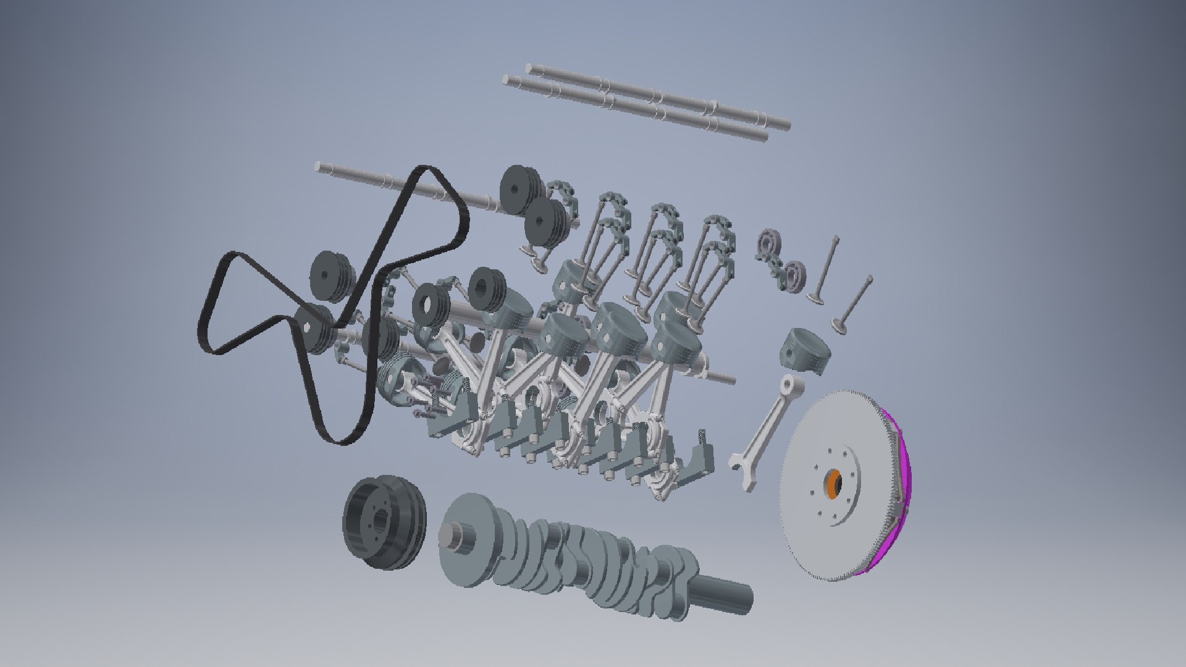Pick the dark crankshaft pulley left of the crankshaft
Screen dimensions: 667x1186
click(383, 522)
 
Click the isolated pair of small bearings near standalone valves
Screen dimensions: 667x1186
click(780, 259)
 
